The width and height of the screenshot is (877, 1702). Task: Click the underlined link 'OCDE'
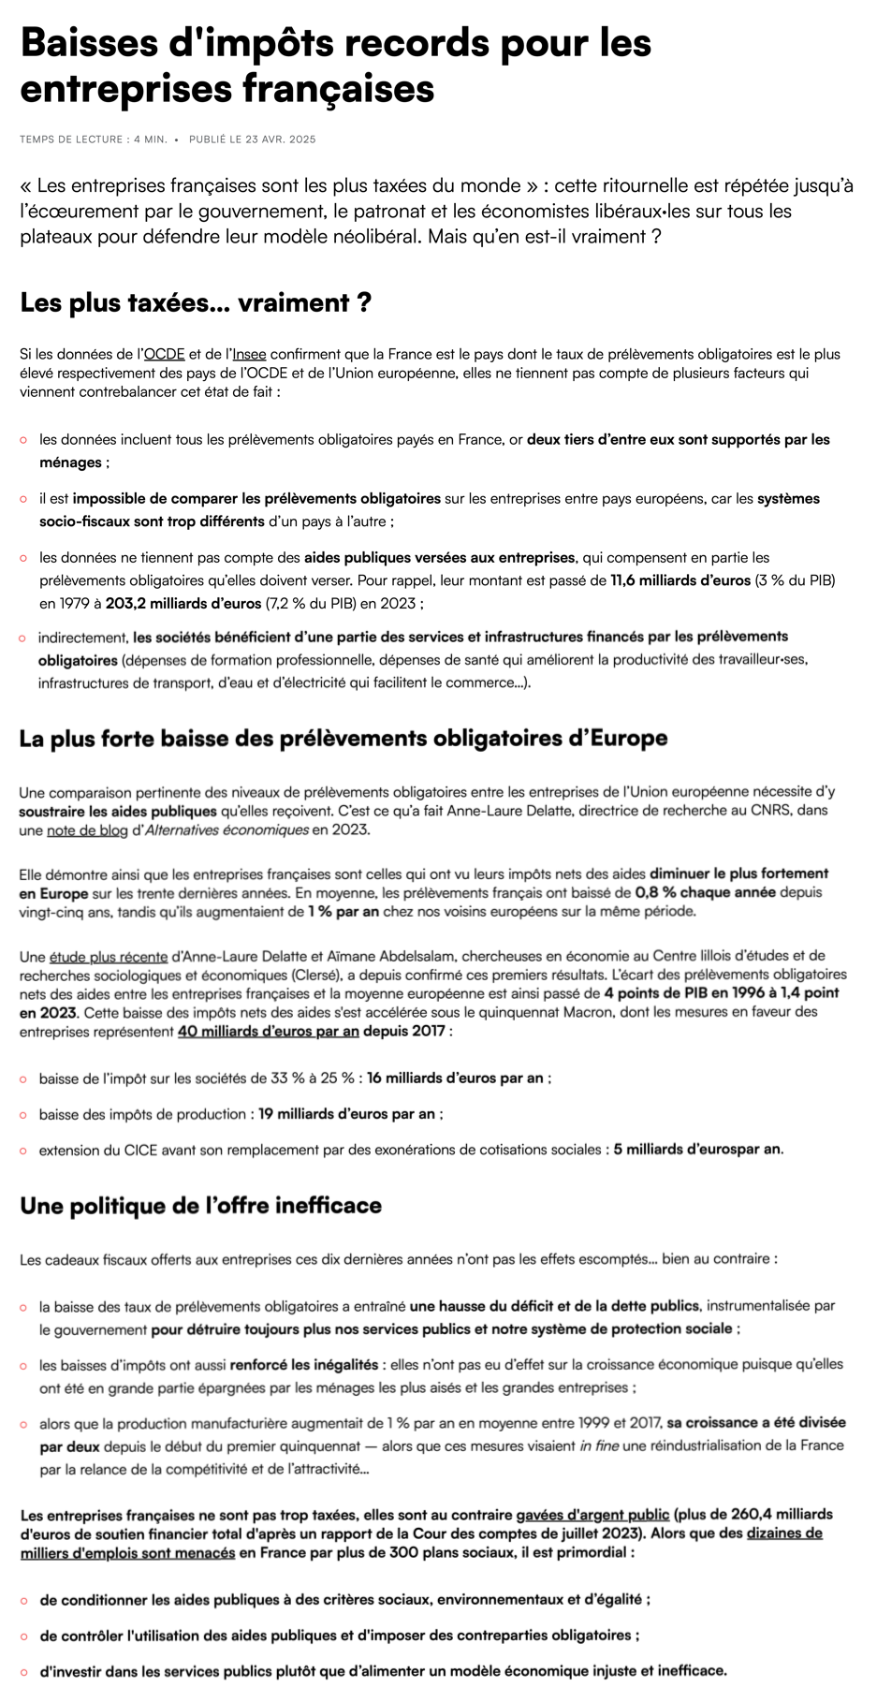(x=164, y=354)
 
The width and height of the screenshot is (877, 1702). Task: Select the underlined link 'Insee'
(x=249, y=354)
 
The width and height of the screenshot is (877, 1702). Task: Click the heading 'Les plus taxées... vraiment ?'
(x=196, y=303)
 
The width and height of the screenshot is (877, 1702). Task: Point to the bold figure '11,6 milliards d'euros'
(x=680, y=580)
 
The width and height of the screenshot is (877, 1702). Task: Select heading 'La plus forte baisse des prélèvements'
(x=343, y=739)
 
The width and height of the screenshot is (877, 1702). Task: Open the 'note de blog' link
(x=86, y=829)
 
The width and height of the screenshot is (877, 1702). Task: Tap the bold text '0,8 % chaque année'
(x=705, y=892)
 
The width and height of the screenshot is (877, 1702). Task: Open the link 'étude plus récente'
(x=109, y=957)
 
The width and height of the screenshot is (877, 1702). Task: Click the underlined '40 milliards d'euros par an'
(x=269, y=1032)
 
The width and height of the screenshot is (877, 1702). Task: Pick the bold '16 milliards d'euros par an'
(x=455, y=1078)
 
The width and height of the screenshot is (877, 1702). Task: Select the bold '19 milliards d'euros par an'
(x=347, y=1114)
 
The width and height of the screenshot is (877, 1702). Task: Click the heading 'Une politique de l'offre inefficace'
(x=201, y=1206)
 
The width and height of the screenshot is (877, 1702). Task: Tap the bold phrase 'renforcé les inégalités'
(x=304, y=1365)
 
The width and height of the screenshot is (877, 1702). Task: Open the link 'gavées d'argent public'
(x=592, y=1515)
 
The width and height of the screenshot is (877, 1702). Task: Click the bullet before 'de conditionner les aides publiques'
(x=23, y=1600)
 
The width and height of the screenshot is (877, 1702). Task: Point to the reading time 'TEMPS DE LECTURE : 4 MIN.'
(x=94, y=139)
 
